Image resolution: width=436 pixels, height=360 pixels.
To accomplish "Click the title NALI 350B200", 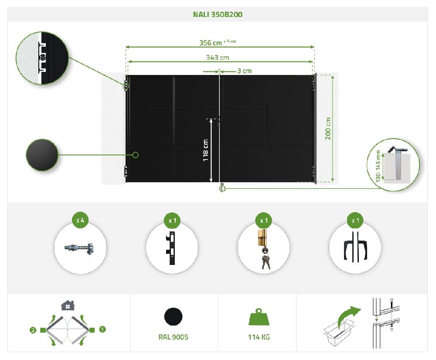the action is tap(218, 14).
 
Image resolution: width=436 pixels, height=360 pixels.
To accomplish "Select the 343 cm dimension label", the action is tap(218, 58).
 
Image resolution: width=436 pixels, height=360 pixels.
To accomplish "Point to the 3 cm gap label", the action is tap(245, 71).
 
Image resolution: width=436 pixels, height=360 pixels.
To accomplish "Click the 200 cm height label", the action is tap(328, 129).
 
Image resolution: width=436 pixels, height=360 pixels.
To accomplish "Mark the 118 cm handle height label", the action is tap(205, 150).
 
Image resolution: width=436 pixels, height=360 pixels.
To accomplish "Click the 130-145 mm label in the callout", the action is tap(378, 166).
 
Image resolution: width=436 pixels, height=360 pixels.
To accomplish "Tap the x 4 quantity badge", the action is tap(80, 221).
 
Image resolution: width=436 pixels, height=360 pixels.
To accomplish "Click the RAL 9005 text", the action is tap(173, 337).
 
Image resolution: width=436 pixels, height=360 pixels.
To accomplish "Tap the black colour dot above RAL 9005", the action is tap(173, 316).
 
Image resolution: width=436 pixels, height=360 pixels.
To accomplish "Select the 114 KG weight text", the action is tap(259, 337).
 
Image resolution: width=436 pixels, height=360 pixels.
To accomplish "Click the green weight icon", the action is tap(259, 317).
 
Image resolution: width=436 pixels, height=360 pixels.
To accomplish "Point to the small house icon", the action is tap(68, 305).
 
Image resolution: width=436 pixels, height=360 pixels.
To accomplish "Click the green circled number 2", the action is tap(33, 330).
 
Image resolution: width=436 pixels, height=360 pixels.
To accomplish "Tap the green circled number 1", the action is tap(102, 329).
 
